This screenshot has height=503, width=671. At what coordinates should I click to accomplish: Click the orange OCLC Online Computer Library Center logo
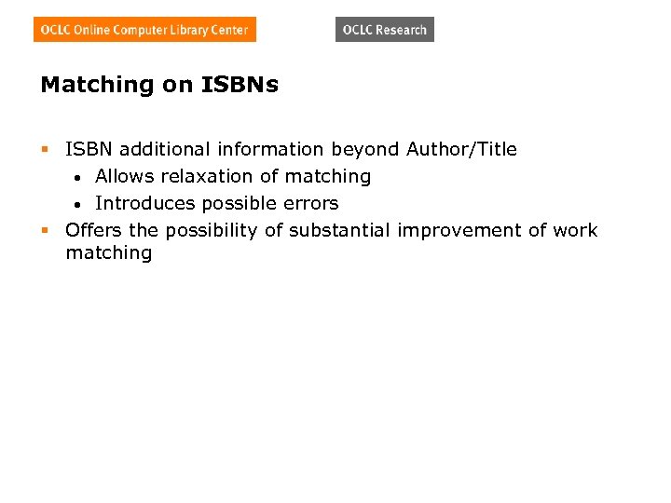pos(144,30)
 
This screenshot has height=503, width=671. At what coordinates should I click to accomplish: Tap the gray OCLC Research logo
pos(384,30)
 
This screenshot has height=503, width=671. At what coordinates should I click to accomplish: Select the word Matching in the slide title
pos(97,85)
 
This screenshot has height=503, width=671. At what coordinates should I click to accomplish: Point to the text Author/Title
pos(461,149)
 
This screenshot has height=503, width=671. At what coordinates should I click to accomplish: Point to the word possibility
pos(212,230)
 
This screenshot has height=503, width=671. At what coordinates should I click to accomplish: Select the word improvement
pos(459,230)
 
